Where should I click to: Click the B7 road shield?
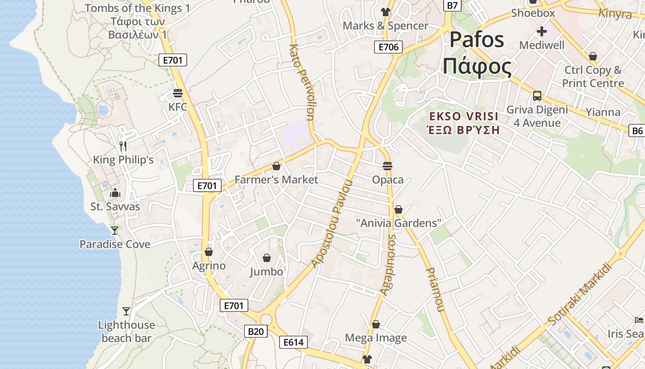(x=453, y=5)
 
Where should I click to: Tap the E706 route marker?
(x=388, y=47)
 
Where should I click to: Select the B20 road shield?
(x=256, y=331)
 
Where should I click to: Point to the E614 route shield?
(x=293, y=342)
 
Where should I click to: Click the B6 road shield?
(x=637, y=131)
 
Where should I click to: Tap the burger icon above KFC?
(x=178, y=94)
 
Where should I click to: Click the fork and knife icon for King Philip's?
(x=123, y=146)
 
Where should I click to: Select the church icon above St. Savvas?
(x=115, y=193)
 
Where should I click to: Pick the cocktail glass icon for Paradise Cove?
(x=115, y=230)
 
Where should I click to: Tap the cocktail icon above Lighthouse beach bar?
(x=126, y=311)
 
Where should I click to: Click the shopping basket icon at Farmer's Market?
(x=276, y=166)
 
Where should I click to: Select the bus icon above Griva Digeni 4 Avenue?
(x=537, y=96)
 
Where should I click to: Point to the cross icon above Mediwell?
(x=542, y=31)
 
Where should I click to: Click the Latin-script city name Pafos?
(x=477, y=40)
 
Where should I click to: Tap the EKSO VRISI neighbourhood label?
(x=464, y=116)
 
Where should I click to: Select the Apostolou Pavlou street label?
(x=331, y=224)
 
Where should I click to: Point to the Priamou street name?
(x=434, y=289)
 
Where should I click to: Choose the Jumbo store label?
(x=266, y=272)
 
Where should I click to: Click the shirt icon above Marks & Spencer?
(x=386, y=12)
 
